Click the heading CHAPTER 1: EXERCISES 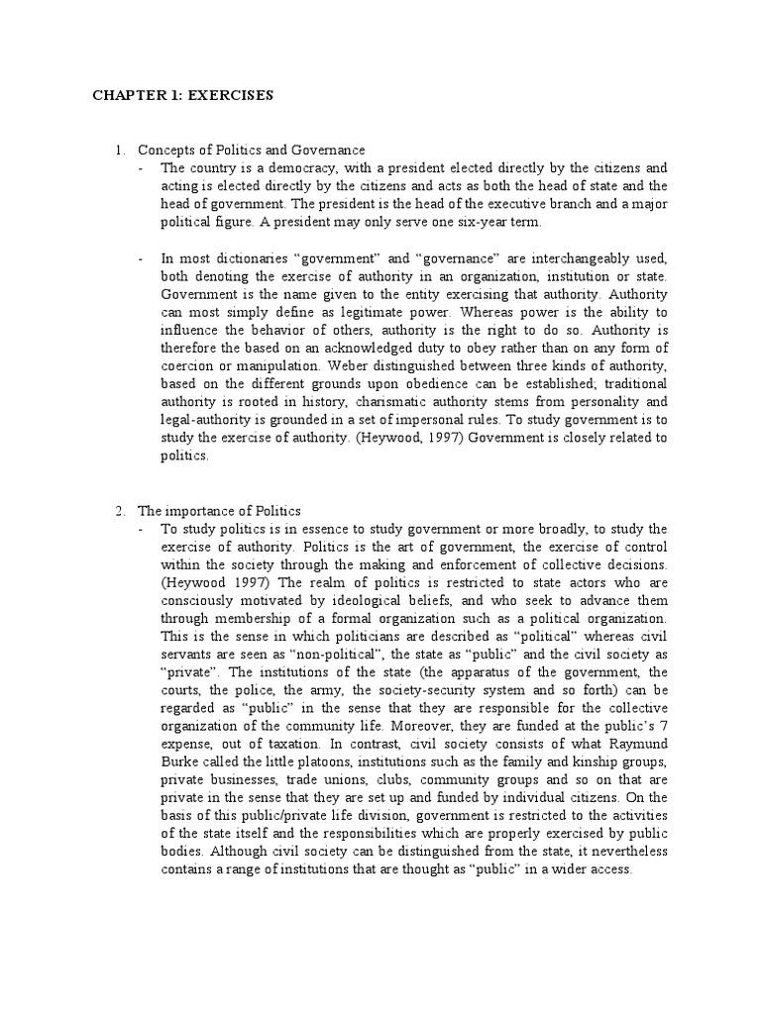(x=182, y=96)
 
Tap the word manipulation (x=272, y=365)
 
